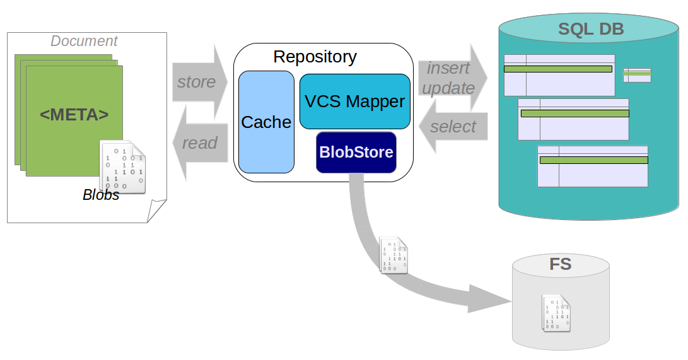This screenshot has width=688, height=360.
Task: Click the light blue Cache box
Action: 266,122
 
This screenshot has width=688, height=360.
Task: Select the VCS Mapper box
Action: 354,102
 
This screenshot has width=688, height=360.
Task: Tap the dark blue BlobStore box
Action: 356,152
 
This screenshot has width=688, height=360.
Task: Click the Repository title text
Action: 315,57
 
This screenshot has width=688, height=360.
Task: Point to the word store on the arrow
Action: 196,82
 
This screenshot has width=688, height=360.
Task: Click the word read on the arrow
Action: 199,143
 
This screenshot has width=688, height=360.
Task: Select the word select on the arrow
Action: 453,127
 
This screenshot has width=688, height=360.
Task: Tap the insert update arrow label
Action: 448,78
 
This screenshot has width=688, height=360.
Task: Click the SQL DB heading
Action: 591,29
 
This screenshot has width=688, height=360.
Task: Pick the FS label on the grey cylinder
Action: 560,264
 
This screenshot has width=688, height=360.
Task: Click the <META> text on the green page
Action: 74,115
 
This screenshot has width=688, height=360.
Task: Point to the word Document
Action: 84,41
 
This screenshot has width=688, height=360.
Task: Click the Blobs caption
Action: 101,195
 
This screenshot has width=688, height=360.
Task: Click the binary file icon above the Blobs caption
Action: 123,166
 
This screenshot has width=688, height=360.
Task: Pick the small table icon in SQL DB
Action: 637,75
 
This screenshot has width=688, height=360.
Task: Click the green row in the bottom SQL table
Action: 593,160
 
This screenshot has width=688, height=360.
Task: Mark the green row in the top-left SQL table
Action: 558,69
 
